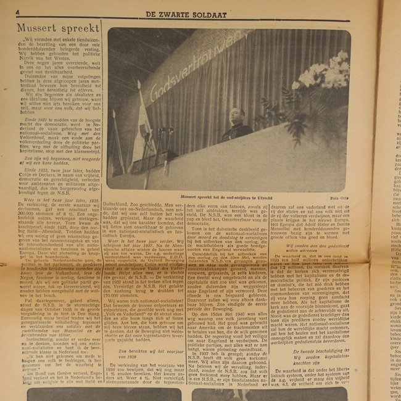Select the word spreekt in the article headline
point(78,29)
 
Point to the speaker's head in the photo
point(238,115)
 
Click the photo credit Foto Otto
point(339,197)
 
